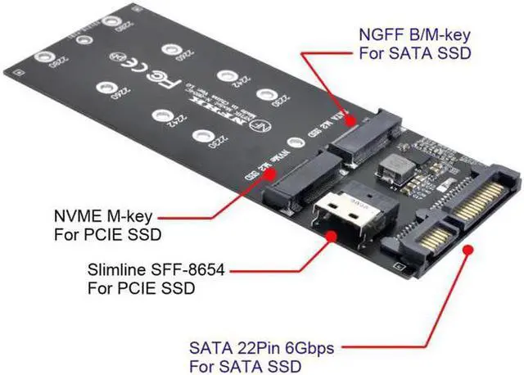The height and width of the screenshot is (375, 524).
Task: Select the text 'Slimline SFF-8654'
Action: coord(142,271)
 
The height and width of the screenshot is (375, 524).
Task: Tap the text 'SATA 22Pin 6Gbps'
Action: coord(261,347)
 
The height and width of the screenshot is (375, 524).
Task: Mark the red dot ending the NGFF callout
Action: coord(353,120)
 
